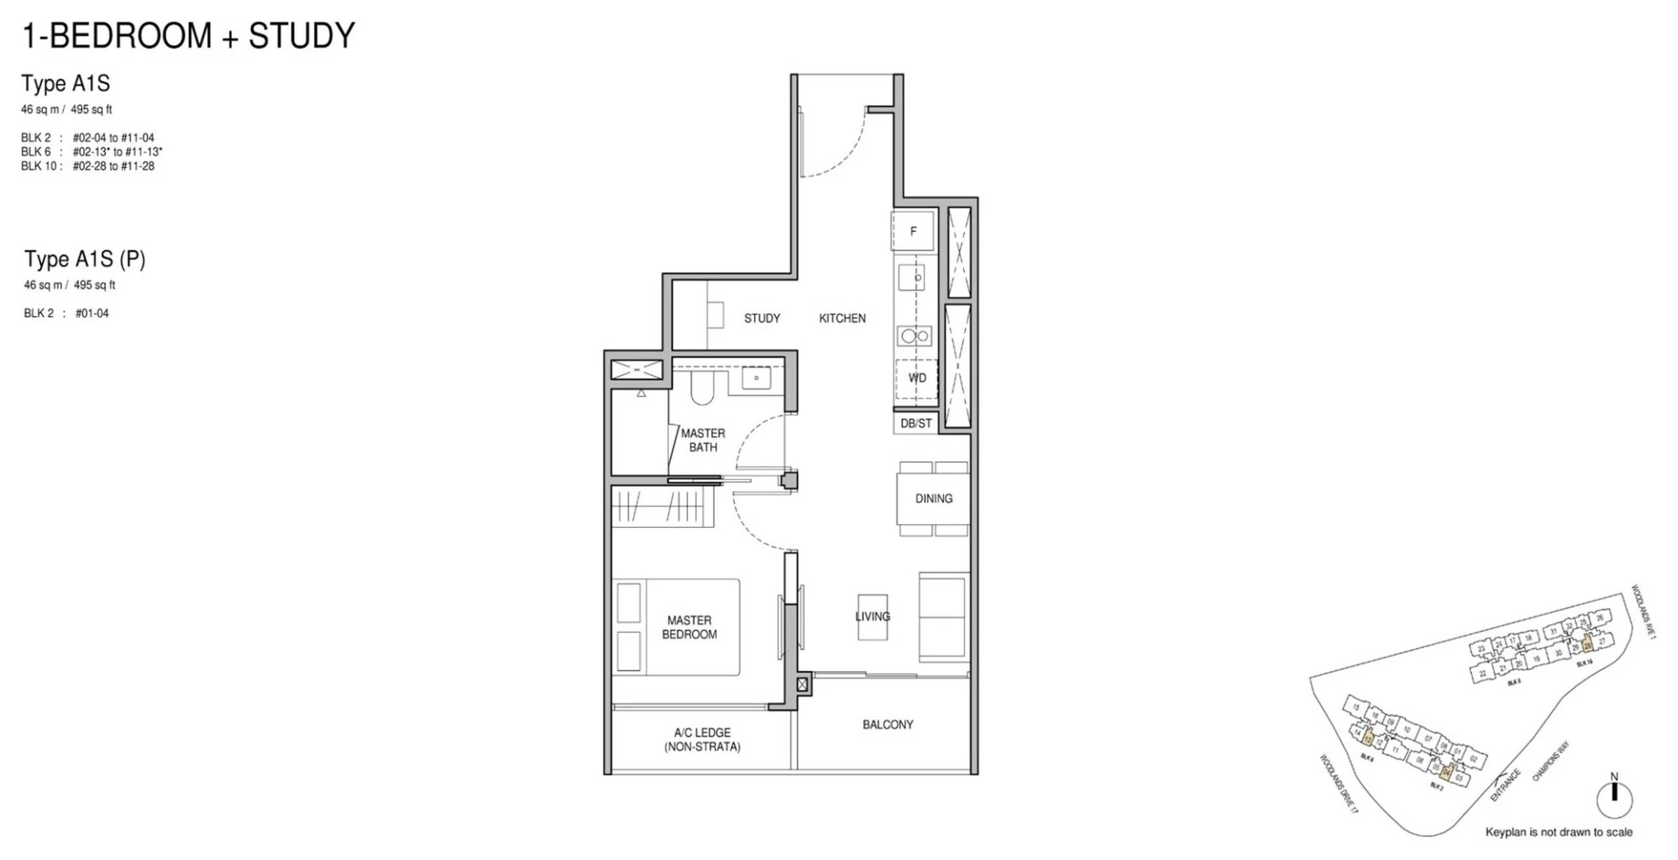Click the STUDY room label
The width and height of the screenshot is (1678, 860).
[x=761, y=318]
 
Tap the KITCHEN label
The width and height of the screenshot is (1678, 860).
[x=842, y=318]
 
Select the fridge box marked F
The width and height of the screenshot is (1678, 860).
[x=913, y=231]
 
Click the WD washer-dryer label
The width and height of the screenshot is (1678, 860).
[x=917, y=378]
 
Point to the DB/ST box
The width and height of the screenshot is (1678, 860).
[x=915, y=423]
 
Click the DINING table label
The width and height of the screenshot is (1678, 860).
[x=933, y=499]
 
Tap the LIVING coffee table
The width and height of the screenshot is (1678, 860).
[x=872, y=617]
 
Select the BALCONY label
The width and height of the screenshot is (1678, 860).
[x=887, y=725]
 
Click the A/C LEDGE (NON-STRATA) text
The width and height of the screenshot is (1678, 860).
[x=702, y=740]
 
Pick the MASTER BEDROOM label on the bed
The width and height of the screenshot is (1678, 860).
[x=689, y=627]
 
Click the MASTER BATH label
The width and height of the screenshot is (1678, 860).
[x=702, y=440]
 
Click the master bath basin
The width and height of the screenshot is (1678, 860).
[x=756, y=378]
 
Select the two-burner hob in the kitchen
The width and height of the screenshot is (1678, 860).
[x=915, y=337]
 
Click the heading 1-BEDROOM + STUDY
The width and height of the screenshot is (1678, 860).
[x=189, y=36]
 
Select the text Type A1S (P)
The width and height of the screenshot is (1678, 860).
[x=85, y=259]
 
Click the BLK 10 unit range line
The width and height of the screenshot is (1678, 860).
[x=88, y=167]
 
